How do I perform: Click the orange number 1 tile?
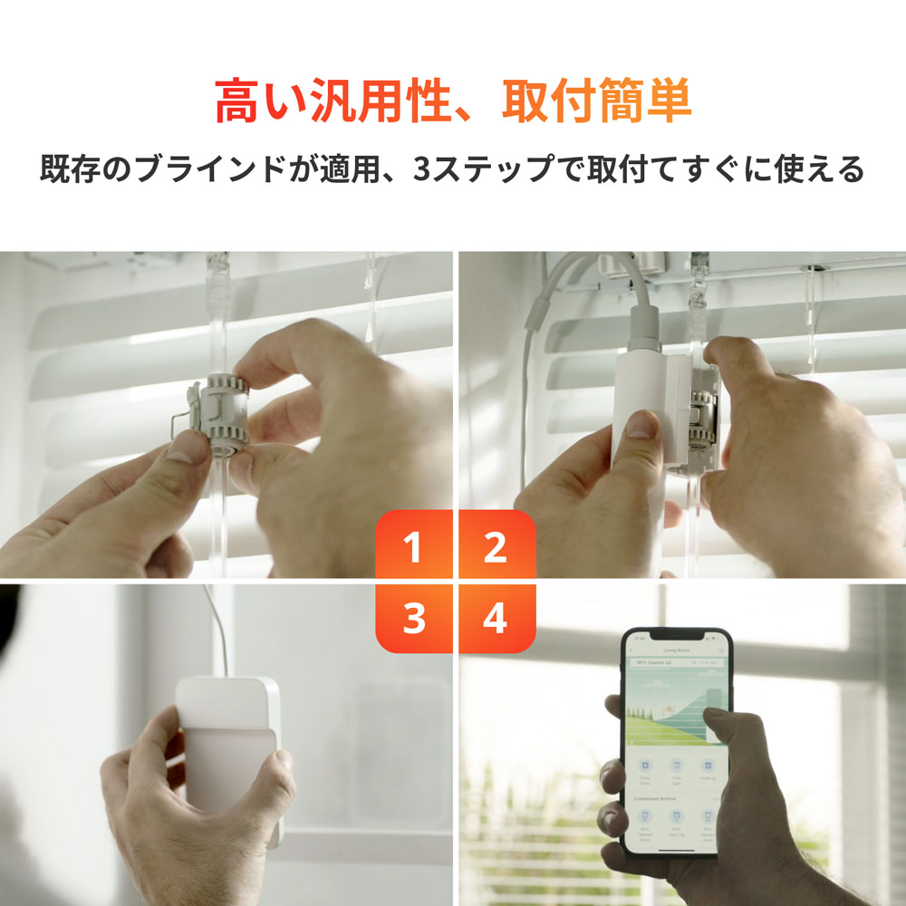point(413,546)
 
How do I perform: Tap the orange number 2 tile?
point(496,546)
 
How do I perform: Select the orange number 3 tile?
point(413,618)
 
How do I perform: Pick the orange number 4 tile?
point(496,618)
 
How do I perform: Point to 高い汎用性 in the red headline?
point(326,101)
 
